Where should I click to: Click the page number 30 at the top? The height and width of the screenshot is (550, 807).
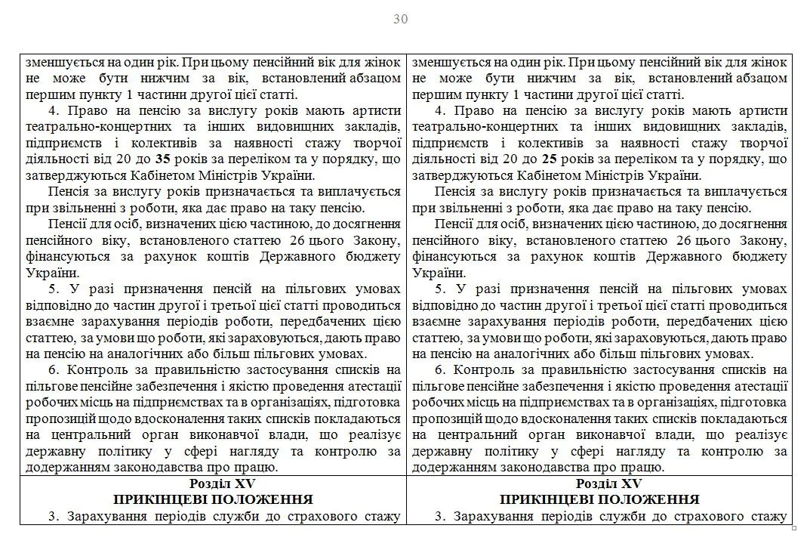pyautogui.click(x=400, y=20)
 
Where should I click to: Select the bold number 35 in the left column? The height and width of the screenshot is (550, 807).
pyautogui.click(x=162, y=159)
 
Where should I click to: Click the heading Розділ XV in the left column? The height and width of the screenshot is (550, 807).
pyautogui.click(x=213, y=484)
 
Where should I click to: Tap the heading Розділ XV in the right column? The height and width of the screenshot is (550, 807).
pyautogui.click(x=599, y=484)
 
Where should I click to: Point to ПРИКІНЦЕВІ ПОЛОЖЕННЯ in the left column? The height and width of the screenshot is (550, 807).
pyautogui.click(x=213, y=500)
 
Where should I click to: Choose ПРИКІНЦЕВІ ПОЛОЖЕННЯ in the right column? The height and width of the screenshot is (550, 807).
pyautogui.click(x=599, y=500)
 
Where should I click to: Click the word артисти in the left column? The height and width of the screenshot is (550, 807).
pyautogui.click(x=377, y=111)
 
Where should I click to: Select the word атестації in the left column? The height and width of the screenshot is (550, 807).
pyautogui.click(x=373, y=386)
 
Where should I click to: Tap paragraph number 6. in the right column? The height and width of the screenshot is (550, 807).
pyautogui.click(x=440, y=369)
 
